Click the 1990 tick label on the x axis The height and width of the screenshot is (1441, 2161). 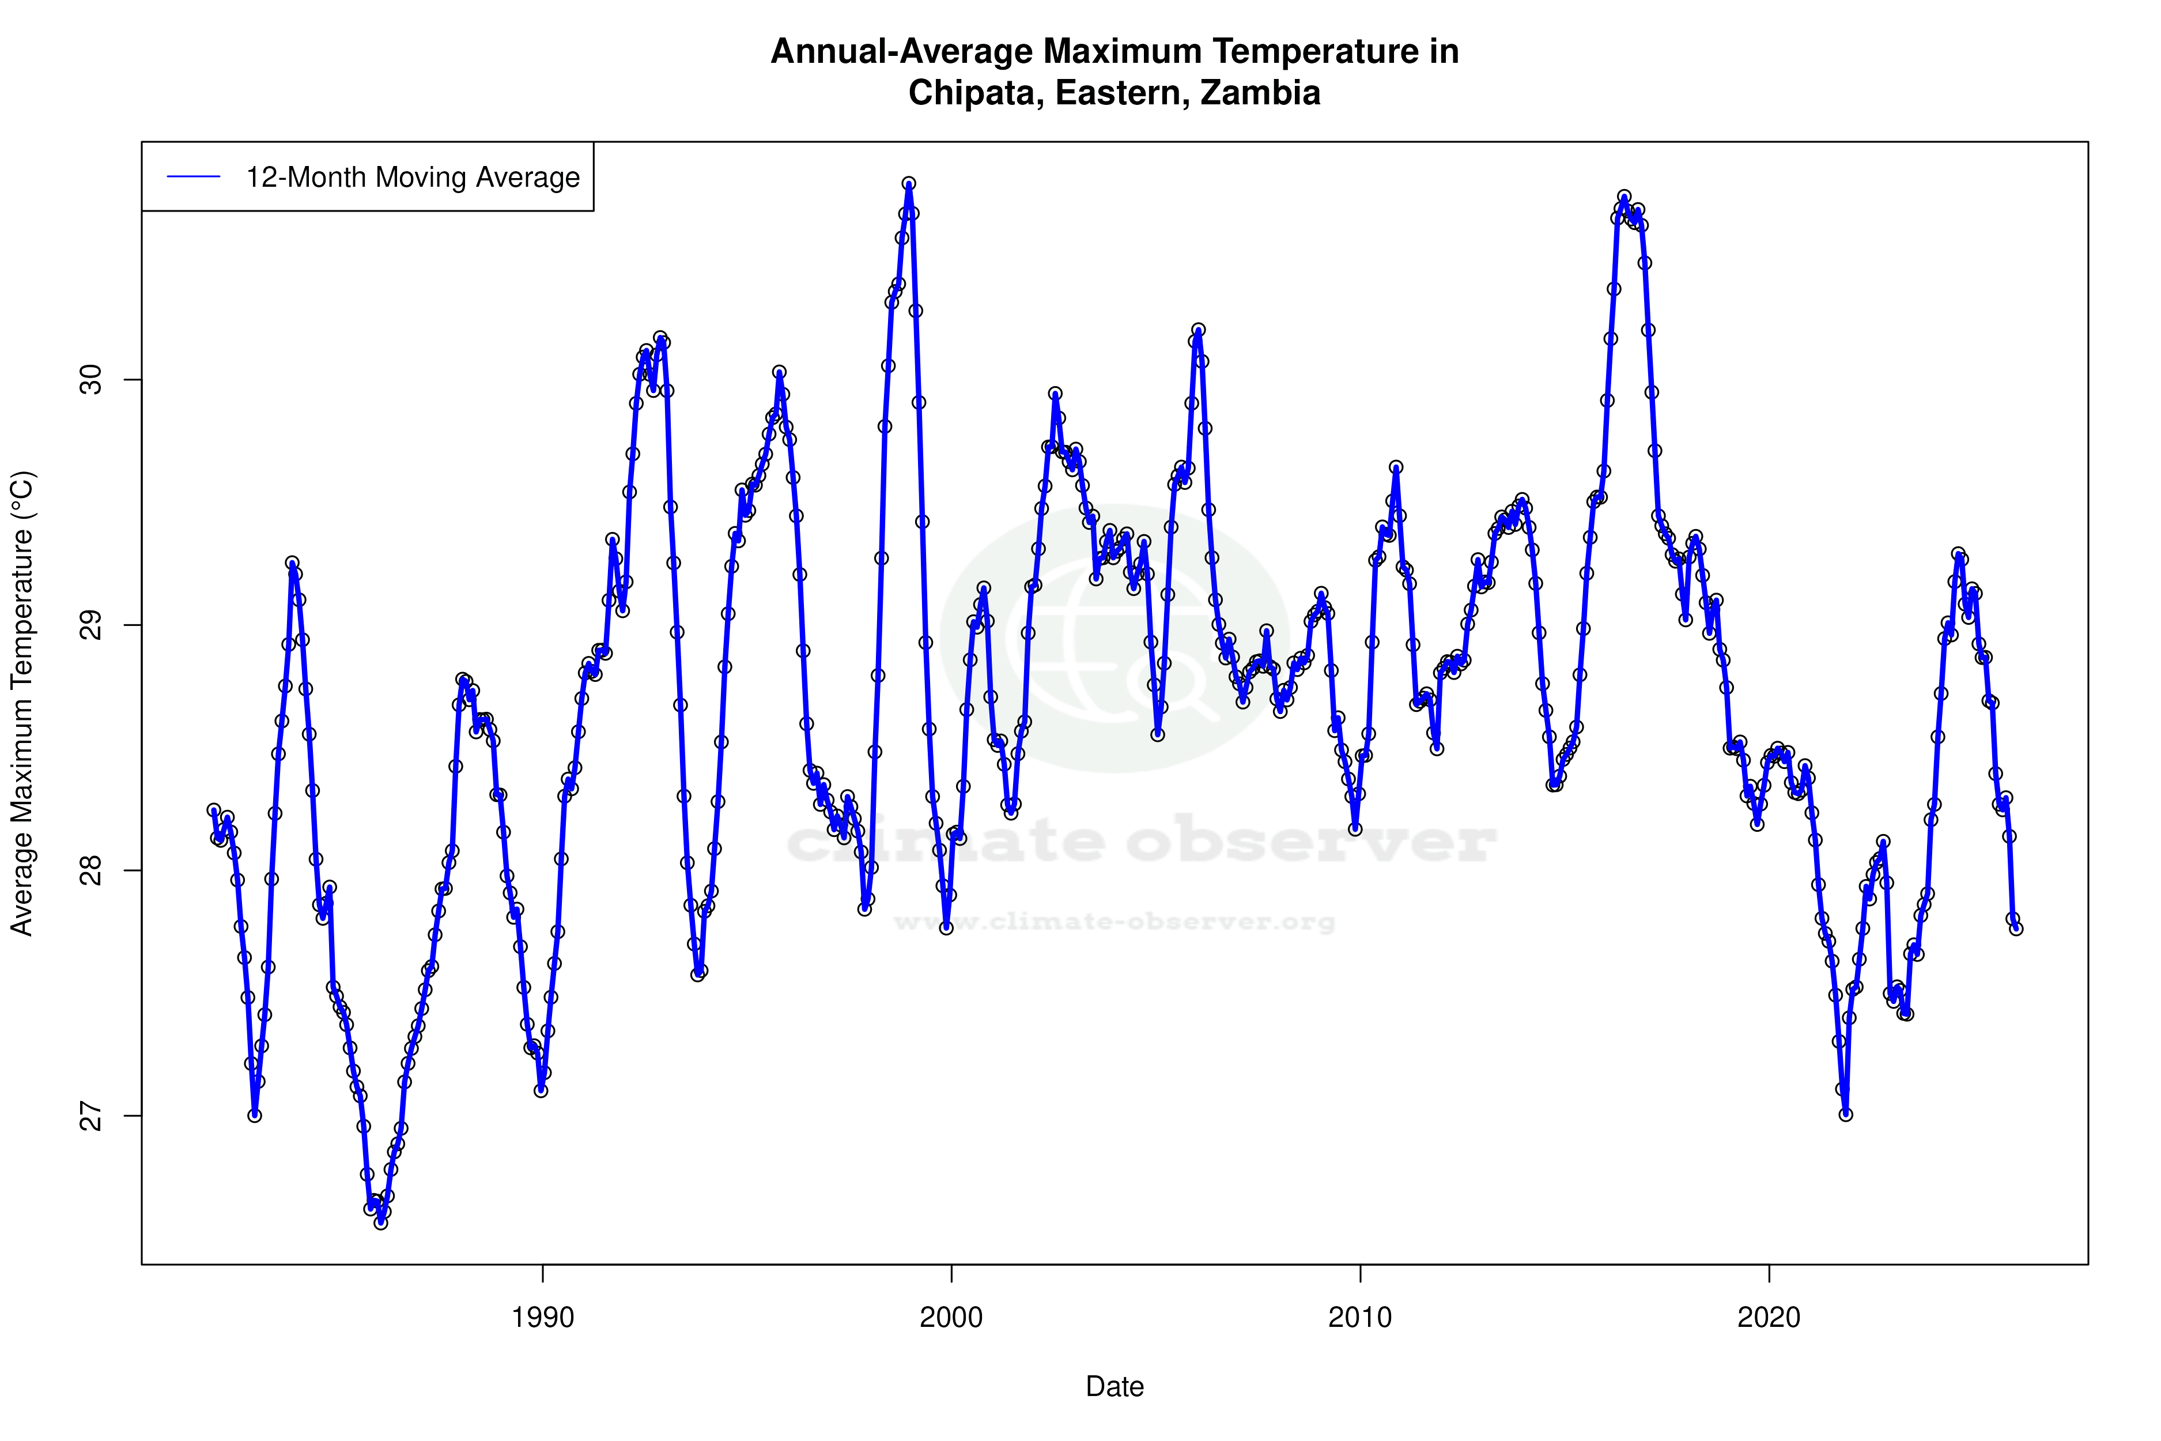542,1318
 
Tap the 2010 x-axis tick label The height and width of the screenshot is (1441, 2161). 1360,1318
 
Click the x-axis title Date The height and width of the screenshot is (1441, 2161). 1114,1387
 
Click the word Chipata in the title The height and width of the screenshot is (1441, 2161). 976,93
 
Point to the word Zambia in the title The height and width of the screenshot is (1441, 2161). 1261,93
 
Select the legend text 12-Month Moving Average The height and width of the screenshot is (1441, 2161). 413,178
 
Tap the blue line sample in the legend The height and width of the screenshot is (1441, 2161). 194,178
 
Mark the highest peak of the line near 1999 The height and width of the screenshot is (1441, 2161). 909,184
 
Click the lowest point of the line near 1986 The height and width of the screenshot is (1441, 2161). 380,1223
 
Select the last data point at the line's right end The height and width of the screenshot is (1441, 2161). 2016,929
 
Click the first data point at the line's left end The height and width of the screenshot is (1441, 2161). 214,810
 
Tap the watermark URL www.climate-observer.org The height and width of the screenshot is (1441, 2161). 1114,922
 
